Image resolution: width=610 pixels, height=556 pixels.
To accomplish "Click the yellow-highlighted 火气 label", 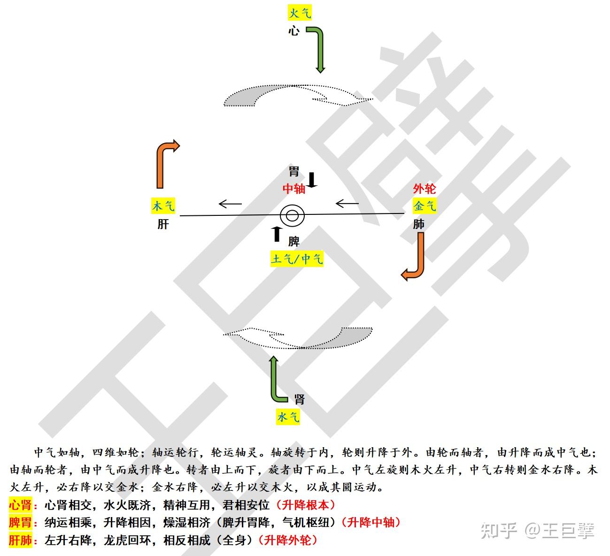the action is tap(299, 13).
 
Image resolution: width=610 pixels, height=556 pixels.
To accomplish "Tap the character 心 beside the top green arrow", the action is tap(294, 31).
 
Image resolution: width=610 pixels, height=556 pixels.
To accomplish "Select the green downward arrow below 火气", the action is tap(319, 49).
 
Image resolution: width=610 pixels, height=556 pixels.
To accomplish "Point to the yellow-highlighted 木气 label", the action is tap(163, 206).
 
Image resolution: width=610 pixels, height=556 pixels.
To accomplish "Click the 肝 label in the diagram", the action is tap(163, 224).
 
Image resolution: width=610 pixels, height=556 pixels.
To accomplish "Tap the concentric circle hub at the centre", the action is tap(292, 216).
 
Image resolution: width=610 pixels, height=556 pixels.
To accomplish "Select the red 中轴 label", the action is tap(294, 189).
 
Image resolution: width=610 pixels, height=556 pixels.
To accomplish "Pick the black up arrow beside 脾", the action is tap(277, 234).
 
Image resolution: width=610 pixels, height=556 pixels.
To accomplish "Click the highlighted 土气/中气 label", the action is tap(297, 259).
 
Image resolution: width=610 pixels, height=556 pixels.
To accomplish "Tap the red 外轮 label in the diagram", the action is tap(425, 189).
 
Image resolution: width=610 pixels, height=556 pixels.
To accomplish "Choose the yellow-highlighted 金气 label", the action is tap(425, 206).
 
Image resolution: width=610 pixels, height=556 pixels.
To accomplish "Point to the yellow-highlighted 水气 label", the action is tap(288, 417).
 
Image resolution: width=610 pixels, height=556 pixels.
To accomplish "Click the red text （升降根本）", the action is tap(306, 505).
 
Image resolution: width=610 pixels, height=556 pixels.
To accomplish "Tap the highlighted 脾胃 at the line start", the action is tap(20, 523).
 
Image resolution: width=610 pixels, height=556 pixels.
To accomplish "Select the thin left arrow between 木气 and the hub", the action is tap(230, 204).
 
